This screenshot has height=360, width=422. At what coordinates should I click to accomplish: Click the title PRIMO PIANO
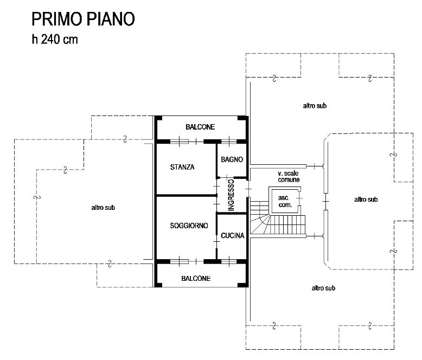coord(83,20)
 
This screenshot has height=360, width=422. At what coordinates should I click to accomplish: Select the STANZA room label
coord(182,167)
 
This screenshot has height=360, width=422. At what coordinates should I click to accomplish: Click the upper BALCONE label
coord(200,127)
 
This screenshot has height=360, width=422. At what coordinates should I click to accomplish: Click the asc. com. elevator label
coord(285,201)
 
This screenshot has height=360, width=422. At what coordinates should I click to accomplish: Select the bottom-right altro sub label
coord(323,288)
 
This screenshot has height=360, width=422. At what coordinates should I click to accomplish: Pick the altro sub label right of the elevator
coord(365,200)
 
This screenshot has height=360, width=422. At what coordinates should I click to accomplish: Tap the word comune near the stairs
coord(289,179)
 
